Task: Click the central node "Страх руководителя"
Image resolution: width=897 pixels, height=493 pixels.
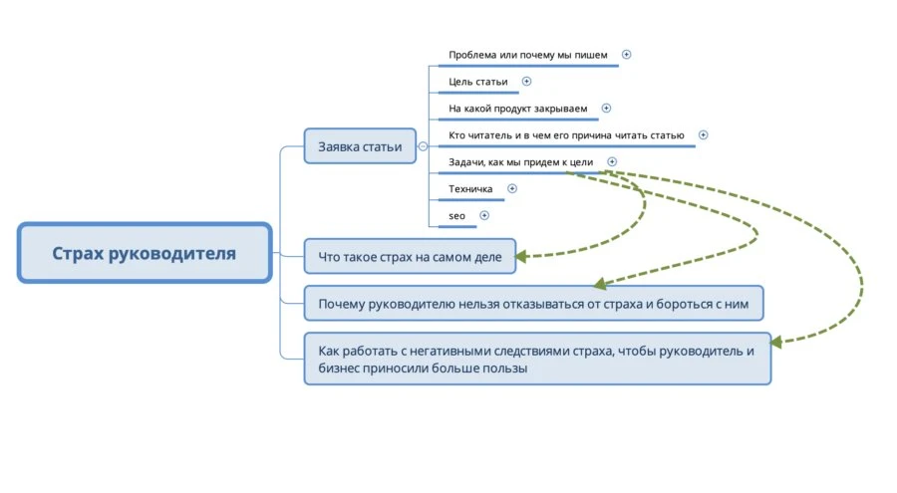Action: point(145,253)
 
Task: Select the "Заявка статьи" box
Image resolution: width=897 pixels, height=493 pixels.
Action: point(360,146)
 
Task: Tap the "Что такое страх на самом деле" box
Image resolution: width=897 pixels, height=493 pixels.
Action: point(410,256)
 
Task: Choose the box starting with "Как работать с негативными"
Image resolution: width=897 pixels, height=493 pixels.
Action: point(537,359)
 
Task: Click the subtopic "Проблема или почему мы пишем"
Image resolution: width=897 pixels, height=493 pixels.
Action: point(528,55)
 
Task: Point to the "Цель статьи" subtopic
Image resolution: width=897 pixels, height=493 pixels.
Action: point(478,82)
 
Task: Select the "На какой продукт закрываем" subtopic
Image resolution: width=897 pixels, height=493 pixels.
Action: point(517,108)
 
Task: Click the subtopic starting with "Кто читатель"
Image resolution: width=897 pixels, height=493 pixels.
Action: point(566,134)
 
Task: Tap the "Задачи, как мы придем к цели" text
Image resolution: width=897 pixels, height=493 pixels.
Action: point(520,161)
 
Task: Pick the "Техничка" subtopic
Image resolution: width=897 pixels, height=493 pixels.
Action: point(470,188)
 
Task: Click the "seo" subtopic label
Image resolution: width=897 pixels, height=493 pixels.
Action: point(456,215)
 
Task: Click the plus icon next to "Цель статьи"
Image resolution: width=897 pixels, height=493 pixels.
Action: point(527,82)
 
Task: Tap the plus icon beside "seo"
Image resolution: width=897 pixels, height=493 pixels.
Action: point(484,215)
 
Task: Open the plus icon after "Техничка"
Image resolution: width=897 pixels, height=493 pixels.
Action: point(512,188)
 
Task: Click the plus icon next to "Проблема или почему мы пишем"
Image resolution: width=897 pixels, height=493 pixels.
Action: point(627,55)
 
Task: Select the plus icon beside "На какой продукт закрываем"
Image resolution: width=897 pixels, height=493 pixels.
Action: point(606,108)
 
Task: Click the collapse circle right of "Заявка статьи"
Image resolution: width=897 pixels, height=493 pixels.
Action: point(423,146)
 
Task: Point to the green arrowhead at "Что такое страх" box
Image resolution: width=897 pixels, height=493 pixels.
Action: point(522,256)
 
